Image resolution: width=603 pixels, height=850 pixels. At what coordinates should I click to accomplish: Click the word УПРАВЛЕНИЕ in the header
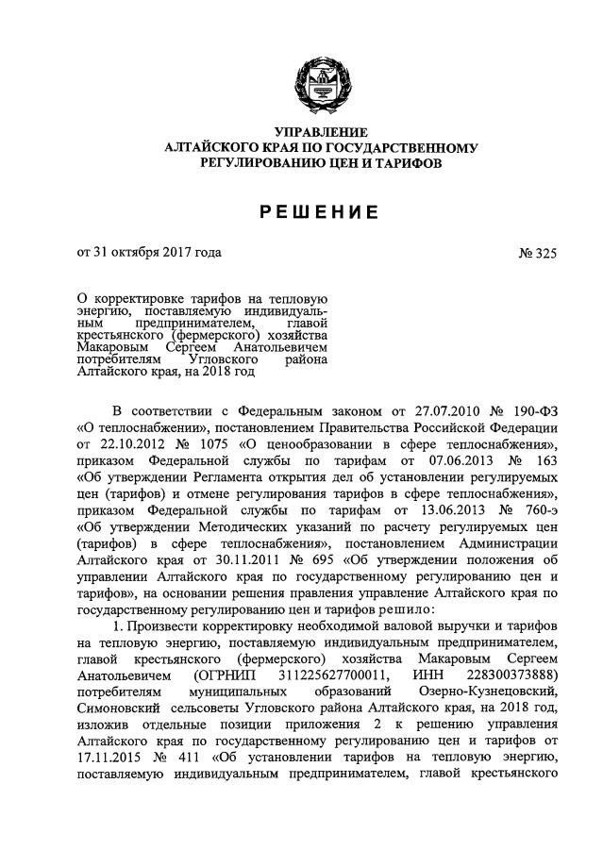click(x=321, y=131)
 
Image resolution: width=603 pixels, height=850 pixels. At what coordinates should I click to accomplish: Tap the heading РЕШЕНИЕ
click(x=321, y=212)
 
